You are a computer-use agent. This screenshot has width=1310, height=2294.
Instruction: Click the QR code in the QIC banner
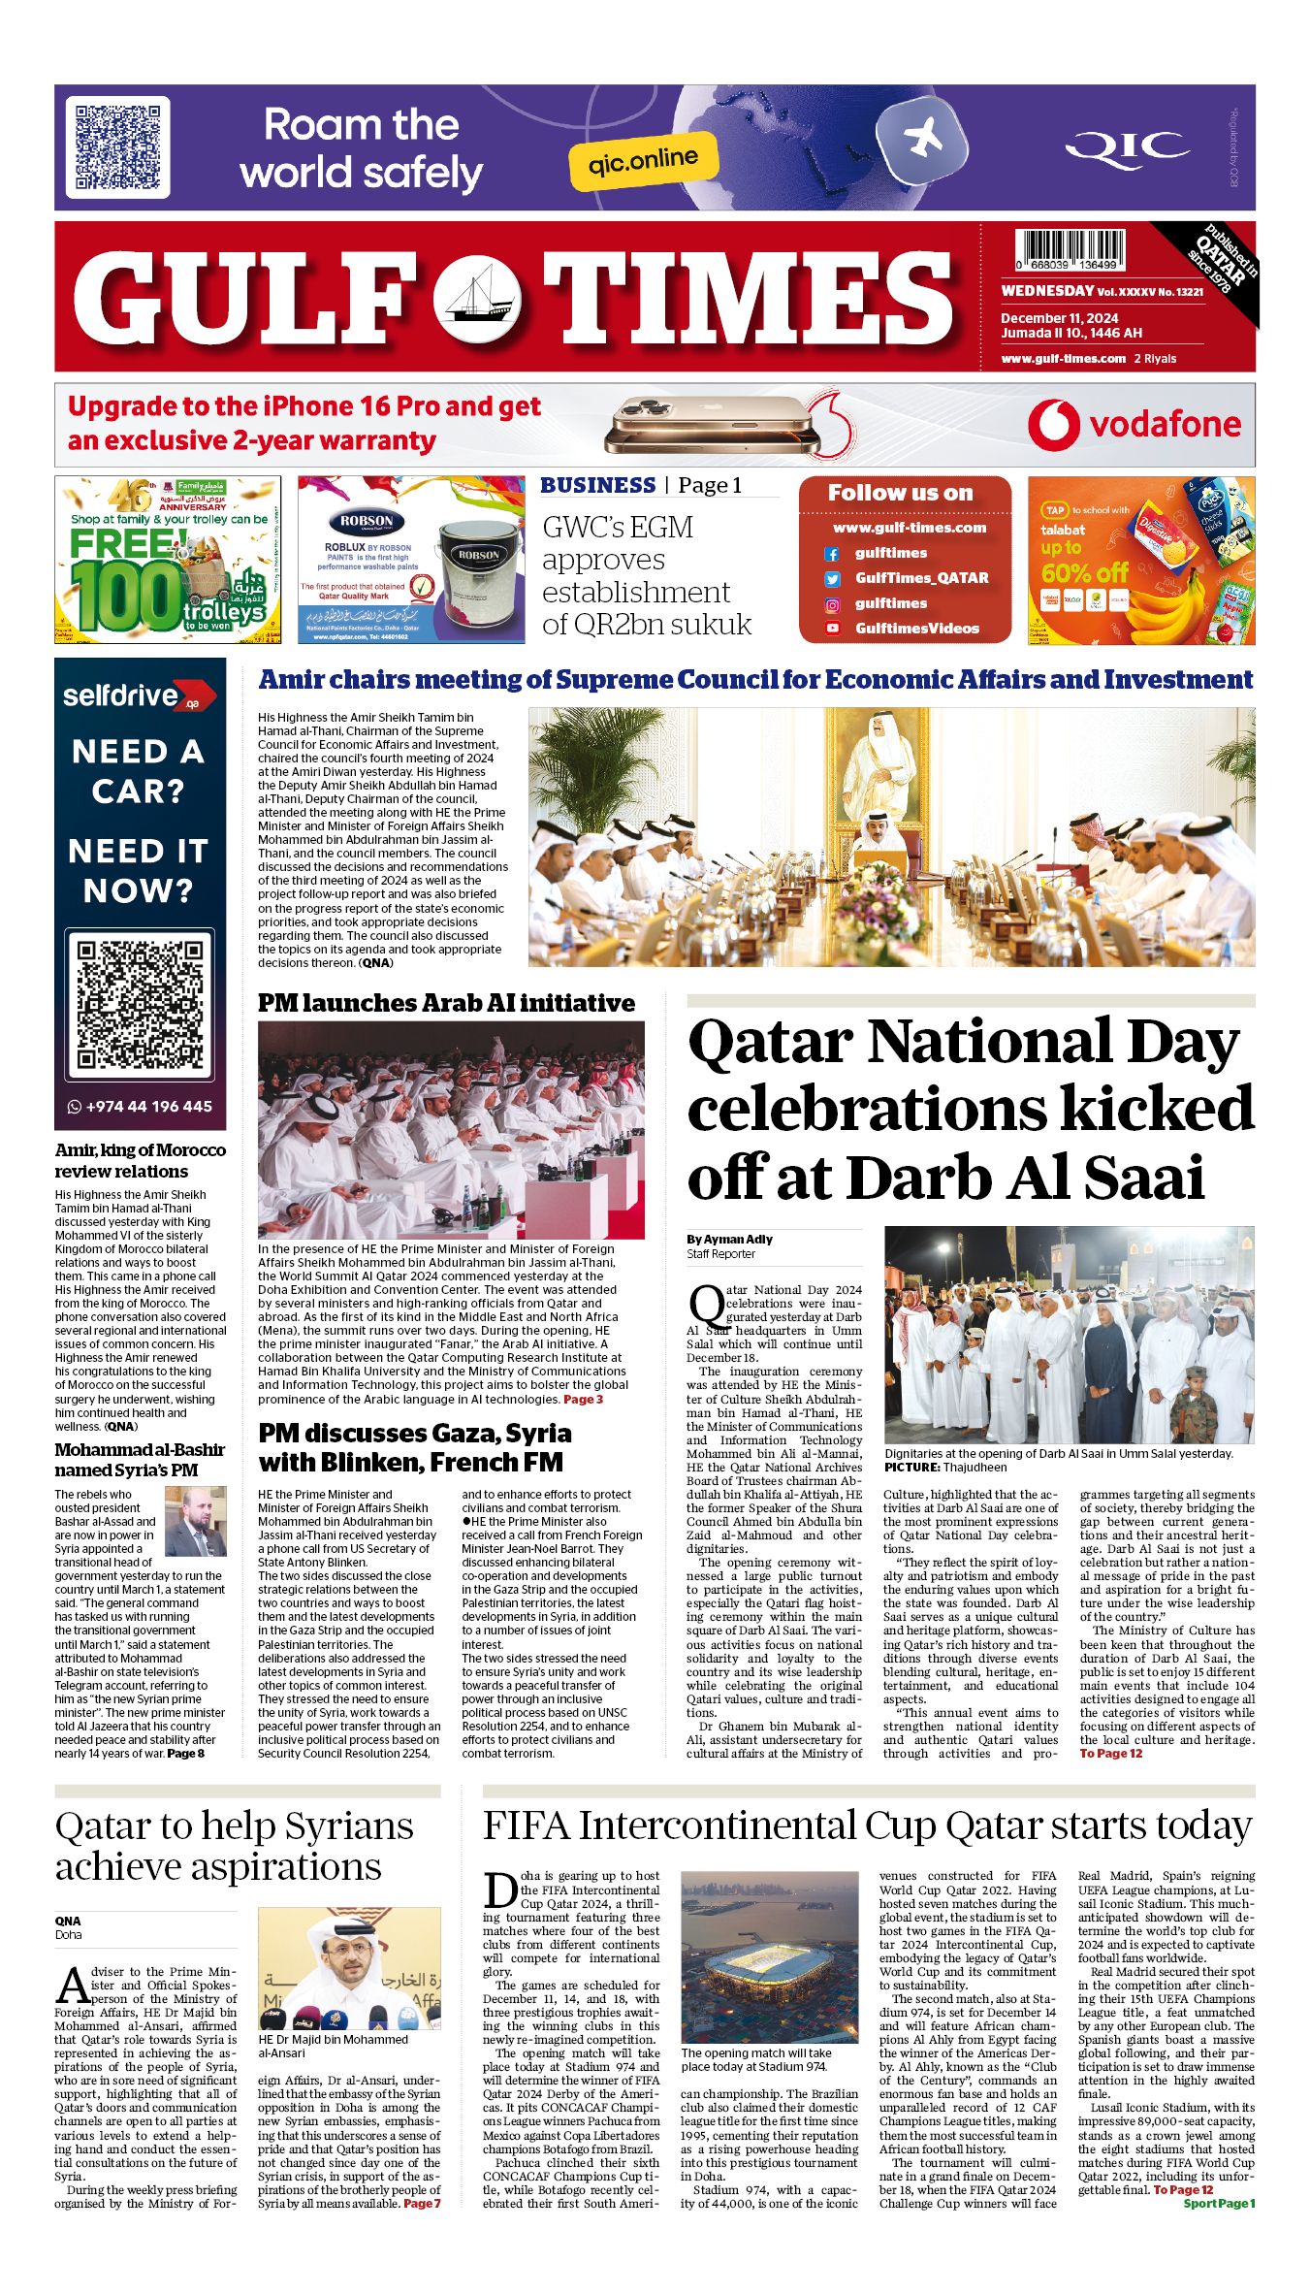117,146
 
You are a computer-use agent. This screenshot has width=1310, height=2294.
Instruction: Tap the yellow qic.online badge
643,158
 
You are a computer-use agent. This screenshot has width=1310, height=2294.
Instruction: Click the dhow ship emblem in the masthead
476,298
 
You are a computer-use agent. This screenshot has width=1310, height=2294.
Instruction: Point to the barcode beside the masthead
1070,248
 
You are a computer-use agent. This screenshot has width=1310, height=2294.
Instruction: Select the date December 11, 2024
1059,318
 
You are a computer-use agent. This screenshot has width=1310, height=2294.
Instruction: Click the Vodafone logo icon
1053,425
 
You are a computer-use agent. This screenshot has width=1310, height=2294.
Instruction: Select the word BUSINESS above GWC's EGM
597,485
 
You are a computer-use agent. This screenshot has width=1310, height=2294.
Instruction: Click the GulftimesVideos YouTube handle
916,629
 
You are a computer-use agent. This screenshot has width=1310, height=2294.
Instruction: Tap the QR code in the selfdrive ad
140,1004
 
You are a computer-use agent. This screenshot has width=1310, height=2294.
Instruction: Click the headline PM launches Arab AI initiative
446,1003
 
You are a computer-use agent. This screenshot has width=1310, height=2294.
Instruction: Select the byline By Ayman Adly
729,1239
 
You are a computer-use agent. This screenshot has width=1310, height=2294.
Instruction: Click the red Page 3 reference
583,1400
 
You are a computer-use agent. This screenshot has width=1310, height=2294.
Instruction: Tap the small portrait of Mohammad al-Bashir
196,1521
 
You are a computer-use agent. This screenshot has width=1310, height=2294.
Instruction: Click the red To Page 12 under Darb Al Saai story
1110,1753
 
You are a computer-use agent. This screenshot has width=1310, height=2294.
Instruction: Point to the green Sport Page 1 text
1219,2203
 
